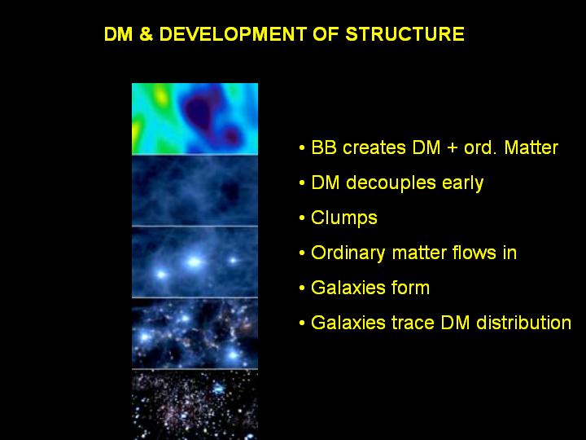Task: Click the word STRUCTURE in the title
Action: (x=405, y=34)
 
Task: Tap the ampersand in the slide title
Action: (x=146, y=34)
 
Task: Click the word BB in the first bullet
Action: (x=324, y=147)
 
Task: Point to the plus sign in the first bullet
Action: (x=453, y=148)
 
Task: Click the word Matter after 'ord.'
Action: (x=531, y=147)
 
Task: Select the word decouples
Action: (x=391, y=183)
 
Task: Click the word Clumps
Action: (x=344, y=218)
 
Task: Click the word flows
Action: (x=474, y=253)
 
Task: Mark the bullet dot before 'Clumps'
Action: (x=302, y=218)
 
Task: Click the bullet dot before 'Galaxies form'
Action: (x=302, y=288)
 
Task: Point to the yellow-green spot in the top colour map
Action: (x=160, y=95)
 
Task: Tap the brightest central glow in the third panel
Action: (x=194, y=262)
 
